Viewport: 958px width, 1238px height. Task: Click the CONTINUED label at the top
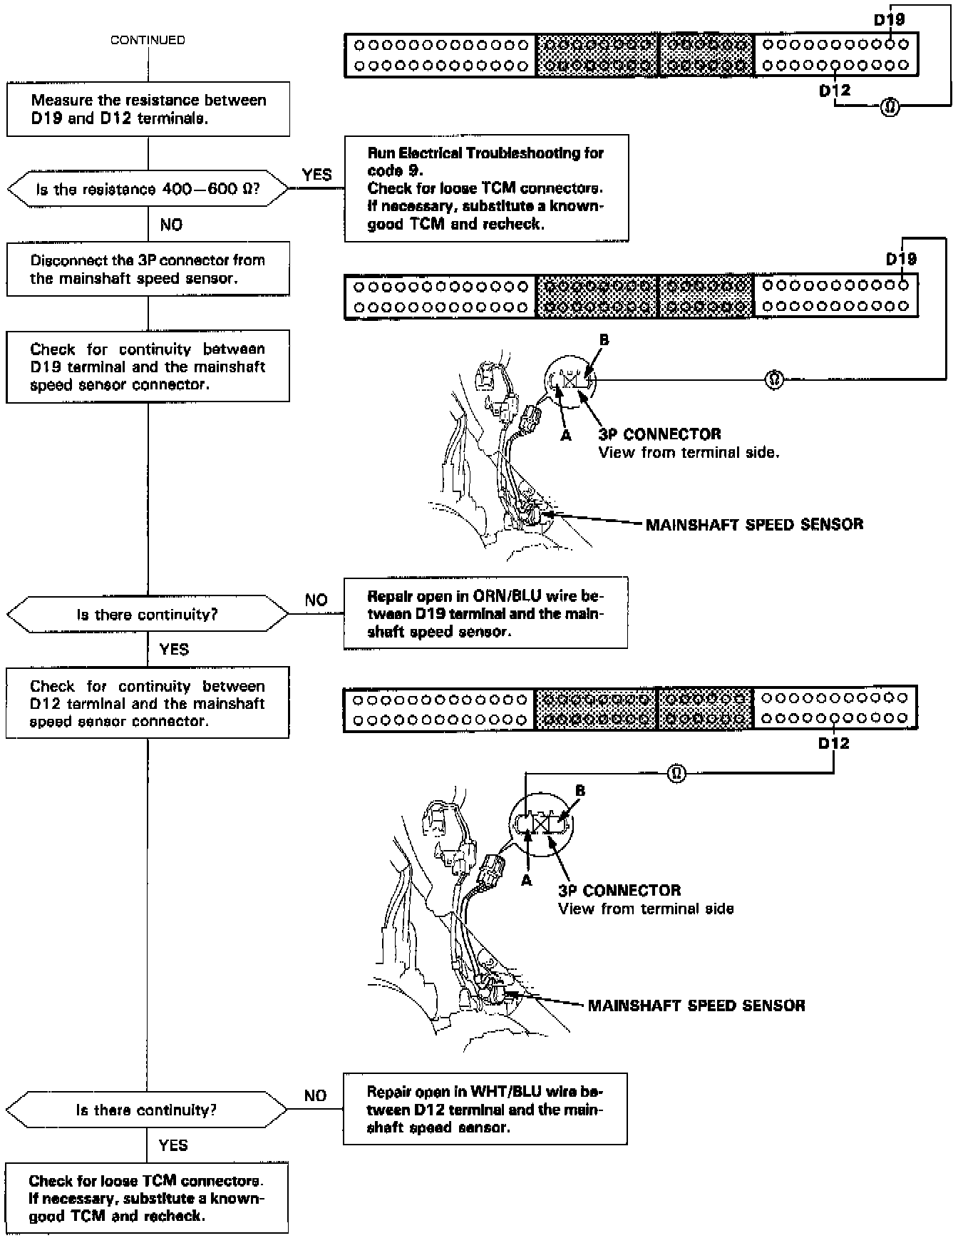tap(148, 41)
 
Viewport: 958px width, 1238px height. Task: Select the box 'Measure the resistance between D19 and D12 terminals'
tap(148, 109)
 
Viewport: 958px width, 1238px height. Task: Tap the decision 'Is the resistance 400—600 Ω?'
tap(148, 190)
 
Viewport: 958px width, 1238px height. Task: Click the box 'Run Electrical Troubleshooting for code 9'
tap(486, 188)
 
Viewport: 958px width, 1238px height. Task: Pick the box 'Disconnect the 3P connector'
tap(148, 270)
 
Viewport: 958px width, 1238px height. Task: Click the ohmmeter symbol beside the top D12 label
tap(890, 108)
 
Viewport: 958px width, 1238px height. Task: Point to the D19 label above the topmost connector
tap(889, 20)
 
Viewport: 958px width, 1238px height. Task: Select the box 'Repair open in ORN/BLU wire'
tap(485, 613)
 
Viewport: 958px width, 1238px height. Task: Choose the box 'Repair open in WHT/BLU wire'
tap(485, 1109)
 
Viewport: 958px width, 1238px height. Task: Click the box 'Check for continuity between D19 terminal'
tap(148, 367)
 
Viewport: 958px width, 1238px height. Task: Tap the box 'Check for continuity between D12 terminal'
tap(148, 703)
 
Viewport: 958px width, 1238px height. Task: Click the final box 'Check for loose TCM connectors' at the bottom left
tap(147, 1198)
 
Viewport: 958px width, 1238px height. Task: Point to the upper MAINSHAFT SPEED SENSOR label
tap(754, 525)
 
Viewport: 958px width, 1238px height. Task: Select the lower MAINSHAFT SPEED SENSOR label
tap(696, 1006)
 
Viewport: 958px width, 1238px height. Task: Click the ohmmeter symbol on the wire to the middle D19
tap(774, 380)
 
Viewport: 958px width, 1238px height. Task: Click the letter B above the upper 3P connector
tap(604, 340)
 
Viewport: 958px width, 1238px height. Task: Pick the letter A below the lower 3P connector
tap(527, 881)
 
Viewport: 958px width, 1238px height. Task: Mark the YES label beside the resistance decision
tap(316, 175)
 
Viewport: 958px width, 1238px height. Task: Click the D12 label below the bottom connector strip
tap(834, 744)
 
